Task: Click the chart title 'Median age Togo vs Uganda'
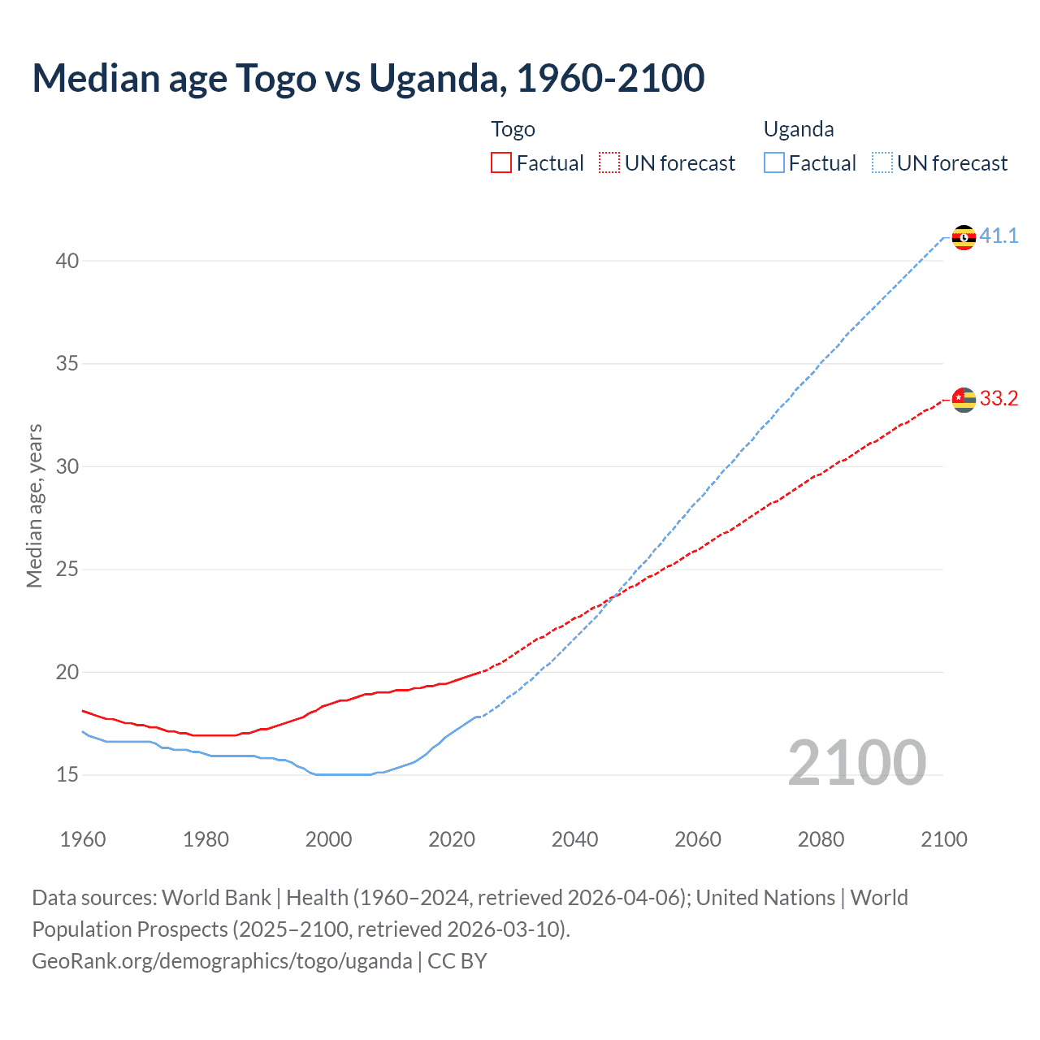[368, 78]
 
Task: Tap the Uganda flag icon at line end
[964, 237]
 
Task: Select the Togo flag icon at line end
[964, 400]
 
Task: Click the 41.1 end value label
[999, 236]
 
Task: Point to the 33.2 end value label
[999, 399]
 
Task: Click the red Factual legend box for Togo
[501, 163]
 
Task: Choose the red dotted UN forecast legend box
[609, 163]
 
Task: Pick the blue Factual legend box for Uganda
[774, 163]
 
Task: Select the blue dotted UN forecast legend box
[882, 163]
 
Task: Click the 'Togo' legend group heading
[513, 129]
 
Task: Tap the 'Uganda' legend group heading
[799, 129]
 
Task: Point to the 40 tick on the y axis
[67, 261]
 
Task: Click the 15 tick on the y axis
[67, 775]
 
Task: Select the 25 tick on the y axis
[67, 570]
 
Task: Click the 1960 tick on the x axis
[83, 839]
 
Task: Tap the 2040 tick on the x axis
[574, 839]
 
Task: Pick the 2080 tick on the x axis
[821, 839]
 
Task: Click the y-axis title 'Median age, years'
[34, 505]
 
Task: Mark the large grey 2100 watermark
[856, 763]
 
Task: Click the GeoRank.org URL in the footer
[222, 961]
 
